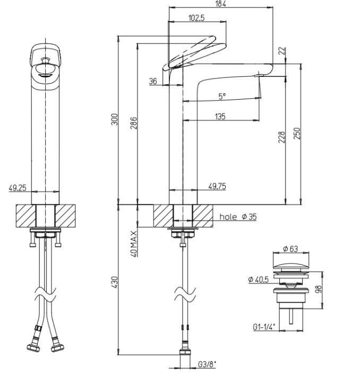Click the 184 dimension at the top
point(221,4)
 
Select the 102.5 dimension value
point(196,18)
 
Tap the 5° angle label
point(222,97)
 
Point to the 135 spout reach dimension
point(220,117)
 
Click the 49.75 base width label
point(217,186)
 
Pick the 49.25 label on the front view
point(18,188)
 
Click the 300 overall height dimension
point(115,119)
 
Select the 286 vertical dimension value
point(134,123)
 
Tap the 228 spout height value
point(282,137)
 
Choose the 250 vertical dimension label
point(297,133)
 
